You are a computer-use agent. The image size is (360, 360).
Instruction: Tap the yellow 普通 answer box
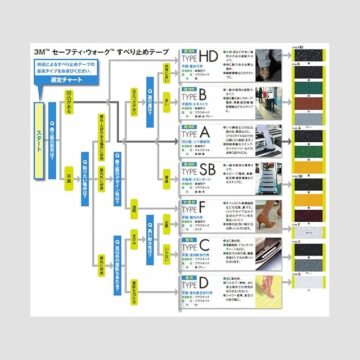pyautogui.click(x=166, y=172)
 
